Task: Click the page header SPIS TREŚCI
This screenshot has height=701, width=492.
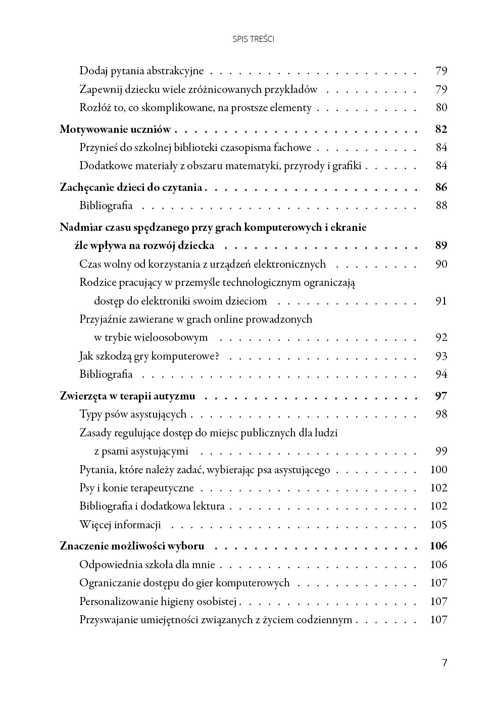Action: pos(254,39)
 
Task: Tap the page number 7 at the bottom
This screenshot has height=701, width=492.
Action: pos(445,663)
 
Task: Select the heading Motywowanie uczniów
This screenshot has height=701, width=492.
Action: pos(115,129)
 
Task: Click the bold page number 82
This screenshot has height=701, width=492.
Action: pos(441,129)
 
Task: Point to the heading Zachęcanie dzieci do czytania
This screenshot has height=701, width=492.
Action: pos(131,187)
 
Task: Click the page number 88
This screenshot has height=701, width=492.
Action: pos(441,206)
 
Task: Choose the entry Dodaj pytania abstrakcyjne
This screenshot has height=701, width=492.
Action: pos(141,71)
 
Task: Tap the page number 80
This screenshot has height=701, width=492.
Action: pos(441,108)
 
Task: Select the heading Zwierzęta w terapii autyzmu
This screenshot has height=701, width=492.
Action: pos(127,396)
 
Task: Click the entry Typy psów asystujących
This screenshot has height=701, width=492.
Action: pos(133,414)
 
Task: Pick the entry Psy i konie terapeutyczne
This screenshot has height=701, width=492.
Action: pos(136,488)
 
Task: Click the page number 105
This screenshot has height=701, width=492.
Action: pos(438,525)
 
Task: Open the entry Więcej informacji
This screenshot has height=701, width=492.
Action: pos(120,525)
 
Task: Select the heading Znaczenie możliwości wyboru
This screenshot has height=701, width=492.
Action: pos(132,546)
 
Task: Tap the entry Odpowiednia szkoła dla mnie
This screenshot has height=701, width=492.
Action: pos(147,565)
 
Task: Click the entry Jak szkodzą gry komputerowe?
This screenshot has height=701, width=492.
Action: pos(149,356)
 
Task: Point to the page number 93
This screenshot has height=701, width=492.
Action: pos(441,356)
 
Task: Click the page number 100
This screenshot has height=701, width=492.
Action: pos(438,470)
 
